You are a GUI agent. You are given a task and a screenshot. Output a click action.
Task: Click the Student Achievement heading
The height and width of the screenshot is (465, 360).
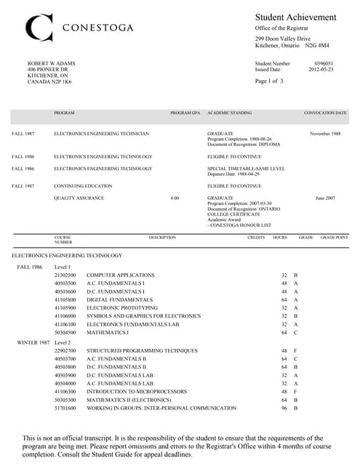pyautogui.click(x=295, y=17)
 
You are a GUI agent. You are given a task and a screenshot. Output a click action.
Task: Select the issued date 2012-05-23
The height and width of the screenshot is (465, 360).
pyautogui.click(x=320, y=70)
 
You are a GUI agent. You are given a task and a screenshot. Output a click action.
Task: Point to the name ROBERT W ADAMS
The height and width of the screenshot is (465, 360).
pyautogui.click(x=51, y=64)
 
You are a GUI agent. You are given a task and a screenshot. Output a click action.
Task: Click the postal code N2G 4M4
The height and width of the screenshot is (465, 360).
pyautogui.click(x=318, y=45)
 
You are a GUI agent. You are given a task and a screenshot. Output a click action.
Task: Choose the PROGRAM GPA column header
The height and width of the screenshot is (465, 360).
pyautogui.click(x=185, y=113)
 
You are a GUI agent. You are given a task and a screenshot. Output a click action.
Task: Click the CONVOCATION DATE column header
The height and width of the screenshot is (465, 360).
pyautogui.click(x=325, y=113)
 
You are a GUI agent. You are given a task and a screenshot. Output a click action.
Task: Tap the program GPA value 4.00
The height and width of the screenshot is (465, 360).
pyautogui.click(x=174, y=198)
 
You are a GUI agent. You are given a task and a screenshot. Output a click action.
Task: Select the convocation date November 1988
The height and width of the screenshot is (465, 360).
pyautogui.click(x=325, y=134)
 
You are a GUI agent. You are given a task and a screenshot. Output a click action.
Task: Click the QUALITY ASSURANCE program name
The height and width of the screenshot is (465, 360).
pyautogui.click(x=79, y=198)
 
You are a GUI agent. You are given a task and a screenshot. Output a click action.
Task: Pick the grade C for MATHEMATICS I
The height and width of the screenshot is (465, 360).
pyautogui.click(x=295, y=332)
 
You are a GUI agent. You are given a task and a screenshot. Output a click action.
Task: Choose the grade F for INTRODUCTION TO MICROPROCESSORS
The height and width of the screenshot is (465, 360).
pyautogui.click(x=295, y=391)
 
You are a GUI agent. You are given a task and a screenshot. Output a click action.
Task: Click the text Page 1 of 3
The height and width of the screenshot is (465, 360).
pyautogui.click(x=270, y=81)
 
